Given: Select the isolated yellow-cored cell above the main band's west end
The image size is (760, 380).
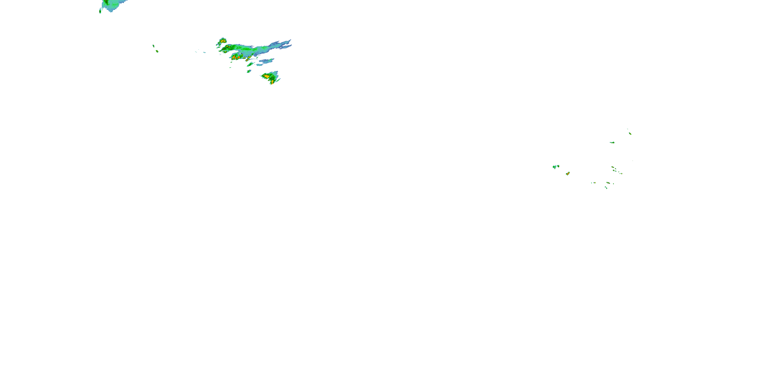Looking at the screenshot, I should (x=222, y=41).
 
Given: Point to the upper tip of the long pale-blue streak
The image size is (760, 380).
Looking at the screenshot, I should (x=290, y=41).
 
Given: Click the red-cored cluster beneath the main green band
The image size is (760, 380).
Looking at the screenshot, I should (x=236, y=57).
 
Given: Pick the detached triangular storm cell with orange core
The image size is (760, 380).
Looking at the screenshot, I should (x=270, y=77).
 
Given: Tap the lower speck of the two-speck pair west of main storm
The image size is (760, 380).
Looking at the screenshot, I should (x=157, y=51).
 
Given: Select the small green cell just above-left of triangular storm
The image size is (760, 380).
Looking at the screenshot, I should (x=249, y=71).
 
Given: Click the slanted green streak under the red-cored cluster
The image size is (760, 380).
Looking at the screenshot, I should (x=250, y=64).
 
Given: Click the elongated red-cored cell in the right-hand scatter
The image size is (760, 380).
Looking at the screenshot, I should (x=568, y=174).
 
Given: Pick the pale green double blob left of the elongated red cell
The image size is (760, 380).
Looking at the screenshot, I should (x=556, y=167).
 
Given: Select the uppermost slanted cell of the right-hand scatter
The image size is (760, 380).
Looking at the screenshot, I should (x=630, y=133).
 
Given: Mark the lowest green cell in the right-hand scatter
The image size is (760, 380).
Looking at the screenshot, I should (x=606, y=188).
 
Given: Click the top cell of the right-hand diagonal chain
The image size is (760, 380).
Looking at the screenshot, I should (x=613, y=167).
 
